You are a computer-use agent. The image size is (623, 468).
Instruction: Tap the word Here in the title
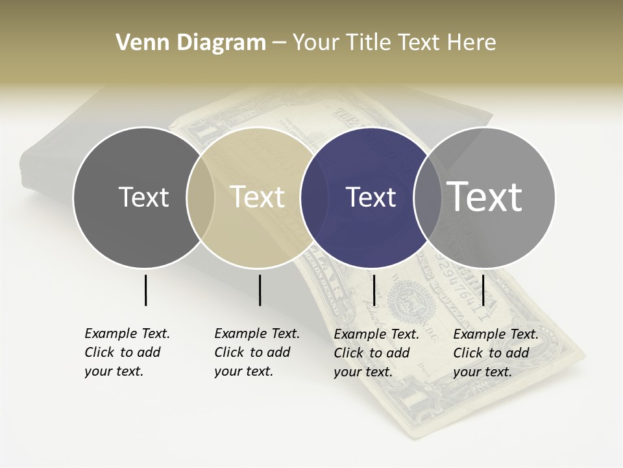(x=472, y=43)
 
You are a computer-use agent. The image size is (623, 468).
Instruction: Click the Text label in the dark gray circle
(x=143, y=197)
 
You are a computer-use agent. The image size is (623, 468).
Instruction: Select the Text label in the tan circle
(x=257, y=197)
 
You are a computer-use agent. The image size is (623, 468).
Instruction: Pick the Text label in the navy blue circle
(x=371, y=197)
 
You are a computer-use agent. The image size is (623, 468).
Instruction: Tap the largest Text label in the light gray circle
(x=484, y=196)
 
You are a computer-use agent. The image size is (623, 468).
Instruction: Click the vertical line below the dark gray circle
(x=145, y=290)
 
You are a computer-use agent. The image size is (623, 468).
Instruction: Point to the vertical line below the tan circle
(x=260, y=290)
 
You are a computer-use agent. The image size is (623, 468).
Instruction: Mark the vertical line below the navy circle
(x=374, y=290)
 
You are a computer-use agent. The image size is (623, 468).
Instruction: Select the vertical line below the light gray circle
(x=483, y=290)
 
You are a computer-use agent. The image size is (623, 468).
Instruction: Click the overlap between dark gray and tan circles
(x=201, y=197)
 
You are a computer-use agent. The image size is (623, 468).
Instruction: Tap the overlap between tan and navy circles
(x=308, y=197)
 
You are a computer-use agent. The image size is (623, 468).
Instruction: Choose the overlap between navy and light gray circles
(x=422, y=197)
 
